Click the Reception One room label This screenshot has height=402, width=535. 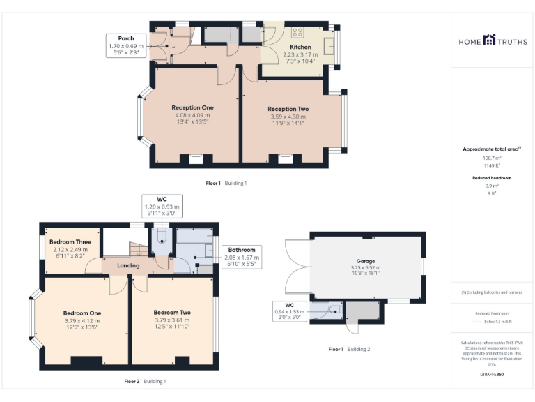[193, 107]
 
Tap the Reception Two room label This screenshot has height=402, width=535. [288, 109]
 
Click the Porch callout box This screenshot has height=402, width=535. [126, 45]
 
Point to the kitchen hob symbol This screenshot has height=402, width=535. [297, 31]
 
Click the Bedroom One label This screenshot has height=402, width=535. [82, 313]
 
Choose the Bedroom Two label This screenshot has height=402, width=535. [172, 312]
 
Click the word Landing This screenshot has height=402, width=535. [128, 265]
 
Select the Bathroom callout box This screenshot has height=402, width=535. [241, 257]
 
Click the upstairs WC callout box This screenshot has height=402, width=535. [162, 207]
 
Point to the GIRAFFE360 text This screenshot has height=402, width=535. [492, 375]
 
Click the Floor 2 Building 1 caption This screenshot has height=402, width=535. [145, 382]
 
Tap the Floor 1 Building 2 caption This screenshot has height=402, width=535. [349, 349]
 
